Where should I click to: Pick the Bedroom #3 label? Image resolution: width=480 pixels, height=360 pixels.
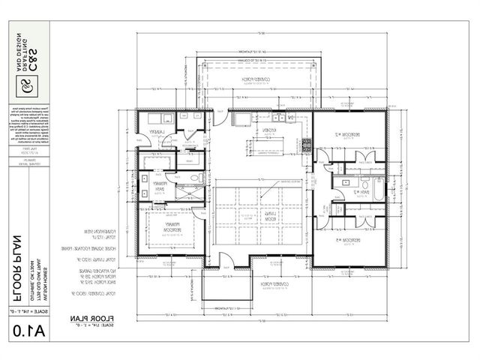[x=350, y=240]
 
